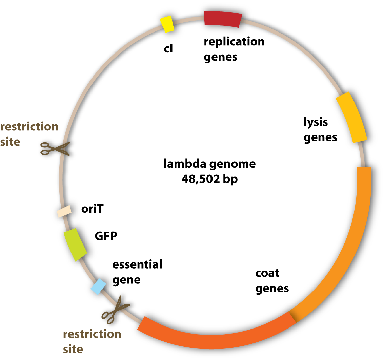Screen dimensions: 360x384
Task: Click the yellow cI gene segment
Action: pyautogui.click(x=167, y=24)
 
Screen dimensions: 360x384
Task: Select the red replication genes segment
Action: pyautogui.click(x=223, y=19)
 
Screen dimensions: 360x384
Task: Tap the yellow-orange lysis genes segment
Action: pyautogui.click(x=351, y=117)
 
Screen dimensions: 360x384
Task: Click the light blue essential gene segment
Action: pyautogui.click(x=98, y=287)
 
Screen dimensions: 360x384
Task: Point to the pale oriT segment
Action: pyautogui.click(x=64, y=211)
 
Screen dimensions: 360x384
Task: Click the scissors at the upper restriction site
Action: pyautogui.click(x=55, y=148)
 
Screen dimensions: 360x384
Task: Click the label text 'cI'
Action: pyautogui.click(x=168, y=49)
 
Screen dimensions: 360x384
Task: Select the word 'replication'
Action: pyautogui.click(x=234, y=42)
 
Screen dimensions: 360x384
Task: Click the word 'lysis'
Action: pyautogui.click(x=316, y=122)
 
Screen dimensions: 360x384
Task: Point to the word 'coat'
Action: pyautogui.click(x=267, y=273)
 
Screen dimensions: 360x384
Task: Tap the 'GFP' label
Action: pyautogui.click(x=106, y=236)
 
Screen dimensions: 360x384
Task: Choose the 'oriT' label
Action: pyautogui.click(x=92, y=209)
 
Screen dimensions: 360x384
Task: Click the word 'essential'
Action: pyautogui.click(x=137, y=264)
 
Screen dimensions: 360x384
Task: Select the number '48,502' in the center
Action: pyautogui.click(x=197, y=179)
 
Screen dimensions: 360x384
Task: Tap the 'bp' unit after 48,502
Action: pyautogui.click(x=230, y=179)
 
